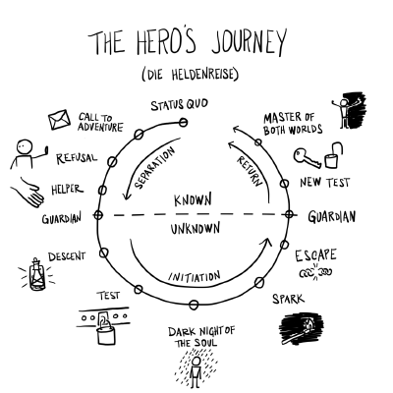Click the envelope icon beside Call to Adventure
59,120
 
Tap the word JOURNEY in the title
249,41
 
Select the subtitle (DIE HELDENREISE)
191,75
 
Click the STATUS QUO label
179,105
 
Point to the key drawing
308,157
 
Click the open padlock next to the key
334,155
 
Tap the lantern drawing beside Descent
36,274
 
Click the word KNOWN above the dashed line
193,199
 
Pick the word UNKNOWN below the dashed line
196,229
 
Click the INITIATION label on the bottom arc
195,277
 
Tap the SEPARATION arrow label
155,168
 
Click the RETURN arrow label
251,171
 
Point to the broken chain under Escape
315,272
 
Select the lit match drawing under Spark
301,329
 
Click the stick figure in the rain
196,371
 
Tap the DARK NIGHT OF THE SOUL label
201,337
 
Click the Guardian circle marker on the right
289,215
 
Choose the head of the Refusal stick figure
25,147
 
